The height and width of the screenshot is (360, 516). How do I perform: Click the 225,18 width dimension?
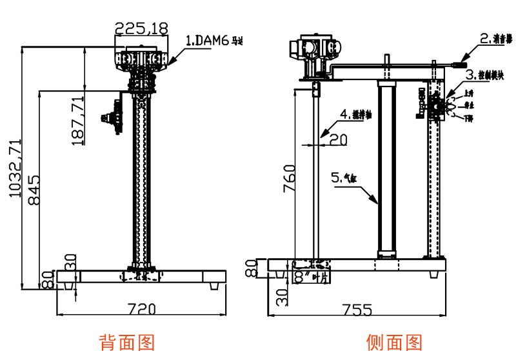click(141, 28)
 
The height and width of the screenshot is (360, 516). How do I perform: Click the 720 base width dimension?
click(142, 308)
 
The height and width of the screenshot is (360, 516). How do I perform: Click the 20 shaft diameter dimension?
click(338, 138)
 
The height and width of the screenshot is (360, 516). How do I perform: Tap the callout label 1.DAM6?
click(215, 41)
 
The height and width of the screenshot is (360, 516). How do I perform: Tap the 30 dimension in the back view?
click(70, 262)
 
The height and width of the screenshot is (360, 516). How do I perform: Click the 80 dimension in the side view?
click(252, 267)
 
